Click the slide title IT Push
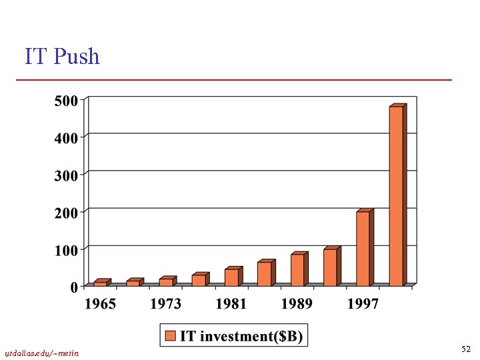(62, 57)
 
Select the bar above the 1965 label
(100, 283)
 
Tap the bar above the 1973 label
(166, 281)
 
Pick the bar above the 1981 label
(231, 277)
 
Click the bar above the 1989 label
(297, 269)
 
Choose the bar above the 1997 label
(363, 248)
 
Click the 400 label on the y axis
(65, 137)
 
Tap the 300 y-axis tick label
(65, 175)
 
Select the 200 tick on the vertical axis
(65, 212)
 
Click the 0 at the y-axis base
(73, 287)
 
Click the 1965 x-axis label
(100, 304)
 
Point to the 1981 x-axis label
(231, 304)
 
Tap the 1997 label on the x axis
(363, 304)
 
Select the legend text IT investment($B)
(241, 337)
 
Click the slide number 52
(465, 349)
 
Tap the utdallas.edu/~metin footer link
(41, 353)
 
